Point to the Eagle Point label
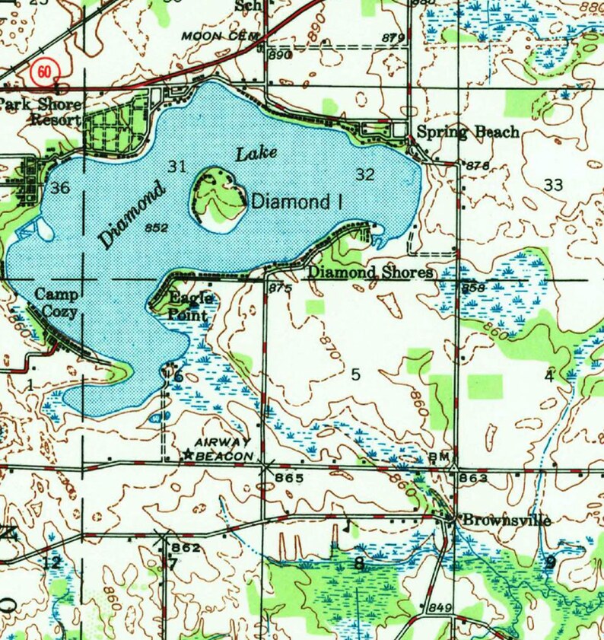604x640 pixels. pyautogui.click(x=190, y=304)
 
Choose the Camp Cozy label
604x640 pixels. pyautogui.click(x=56, y=302)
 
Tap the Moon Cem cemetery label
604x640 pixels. pyautogui.click(x=221, y=37)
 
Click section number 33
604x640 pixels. pyautogui.click(x=553, y=184)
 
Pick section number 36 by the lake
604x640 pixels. pyautogui.click(x=59, y=187)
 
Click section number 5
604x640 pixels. pyautogui.click(x=354, y=374)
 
